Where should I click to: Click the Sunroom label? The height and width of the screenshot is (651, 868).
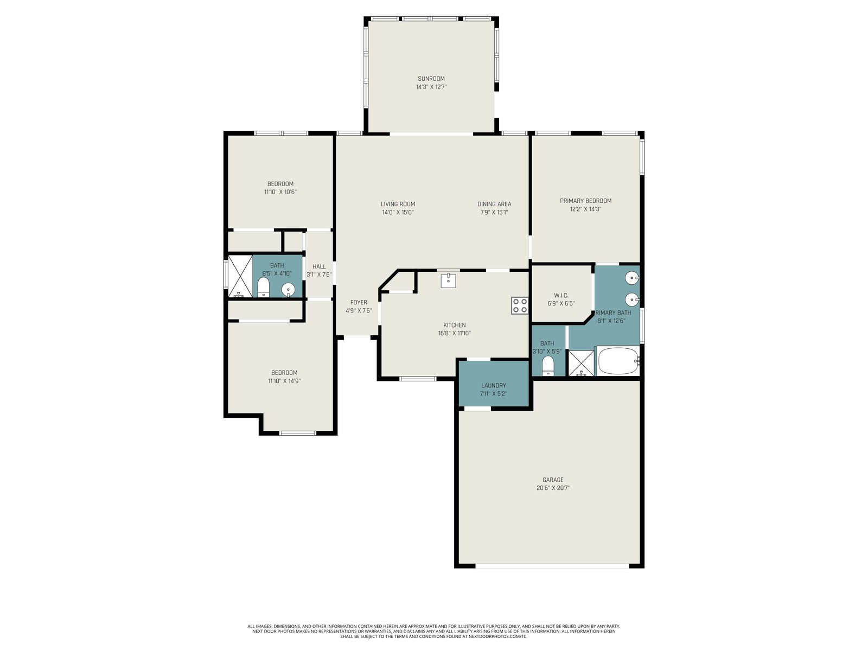click(x=431, y=79)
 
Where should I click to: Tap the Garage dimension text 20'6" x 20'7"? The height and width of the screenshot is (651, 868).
click(x=553, y=488)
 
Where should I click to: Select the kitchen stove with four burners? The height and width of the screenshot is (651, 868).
click(x=520, y=305)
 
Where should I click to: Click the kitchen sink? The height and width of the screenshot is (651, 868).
click(x=449, y=280)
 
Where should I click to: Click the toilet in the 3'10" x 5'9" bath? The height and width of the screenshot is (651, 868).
click(x=548, y=366)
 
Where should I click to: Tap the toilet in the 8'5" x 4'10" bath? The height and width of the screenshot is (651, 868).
click(x=263, y=288)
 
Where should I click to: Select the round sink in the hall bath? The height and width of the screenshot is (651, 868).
click(x=288, y=290)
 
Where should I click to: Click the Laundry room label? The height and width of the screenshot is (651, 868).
click(x=494, y=385)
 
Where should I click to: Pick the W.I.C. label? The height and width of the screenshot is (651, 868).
click(x=561, y=295)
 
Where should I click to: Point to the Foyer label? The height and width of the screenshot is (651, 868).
click(x=359, y=302)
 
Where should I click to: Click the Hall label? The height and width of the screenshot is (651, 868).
click(x=319, y=266)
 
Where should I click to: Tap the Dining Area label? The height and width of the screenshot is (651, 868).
click(x=494, y=204)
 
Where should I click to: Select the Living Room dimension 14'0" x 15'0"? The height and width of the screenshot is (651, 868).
click(x=398, y=212)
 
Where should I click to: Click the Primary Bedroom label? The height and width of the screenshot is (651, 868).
click(x=586, y=201)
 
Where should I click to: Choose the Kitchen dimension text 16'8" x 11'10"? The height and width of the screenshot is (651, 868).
click(x=455, y=333)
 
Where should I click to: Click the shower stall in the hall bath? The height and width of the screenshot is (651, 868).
click(x=240, y=276)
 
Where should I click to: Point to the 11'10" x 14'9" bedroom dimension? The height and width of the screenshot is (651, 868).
click(x=284, y=381)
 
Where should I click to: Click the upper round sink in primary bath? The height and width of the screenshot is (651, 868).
click(x=632, y=278)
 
